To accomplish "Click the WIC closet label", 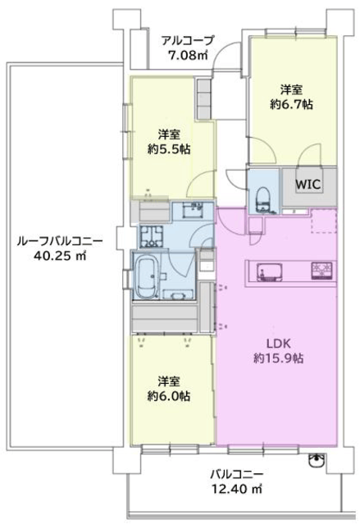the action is (308, 184).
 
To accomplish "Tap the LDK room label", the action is (278, 343).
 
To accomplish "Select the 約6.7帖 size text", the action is (291, 105).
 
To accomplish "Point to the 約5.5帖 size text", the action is (169, 149).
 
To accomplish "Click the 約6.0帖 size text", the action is (169, 396).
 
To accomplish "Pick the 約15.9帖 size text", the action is (278, 358).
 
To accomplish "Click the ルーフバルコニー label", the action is (60, 241).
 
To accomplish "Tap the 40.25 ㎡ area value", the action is (60, 256).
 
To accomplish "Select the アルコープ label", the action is (187, 41).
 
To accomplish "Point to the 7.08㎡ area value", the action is (188, 55).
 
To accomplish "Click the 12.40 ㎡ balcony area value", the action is (237, 489).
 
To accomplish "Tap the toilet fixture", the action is (264, 199).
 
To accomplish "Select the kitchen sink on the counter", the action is (269, 271).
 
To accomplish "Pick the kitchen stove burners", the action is (321, 270).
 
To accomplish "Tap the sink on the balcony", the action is (316, 460).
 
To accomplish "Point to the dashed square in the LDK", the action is (324, 221).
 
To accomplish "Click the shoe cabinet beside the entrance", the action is (203, 98).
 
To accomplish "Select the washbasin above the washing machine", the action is (192, 210).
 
